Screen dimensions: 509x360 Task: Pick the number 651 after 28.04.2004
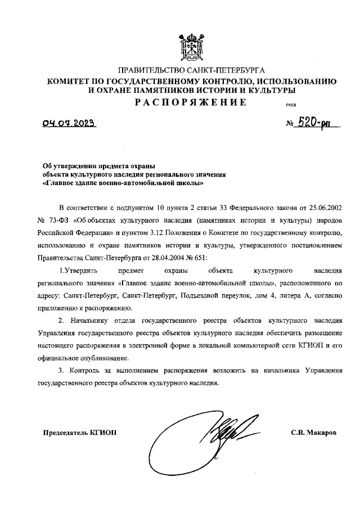click(x=199, y=257)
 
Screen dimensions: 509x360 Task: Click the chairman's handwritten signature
click(x=224, y=433)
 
